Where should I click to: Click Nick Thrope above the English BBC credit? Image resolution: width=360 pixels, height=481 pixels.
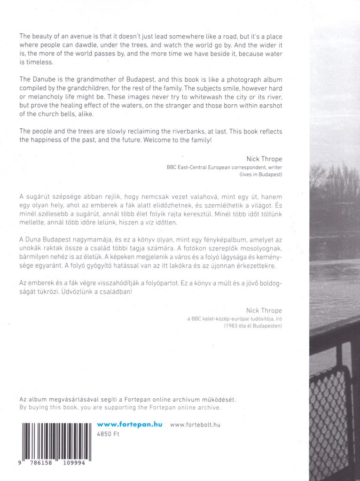[264, 159]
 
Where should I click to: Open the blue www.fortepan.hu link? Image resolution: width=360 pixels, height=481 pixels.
[130, 424]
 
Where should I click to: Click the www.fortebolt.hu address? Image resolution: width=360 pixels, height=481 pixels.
[195, 425]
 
